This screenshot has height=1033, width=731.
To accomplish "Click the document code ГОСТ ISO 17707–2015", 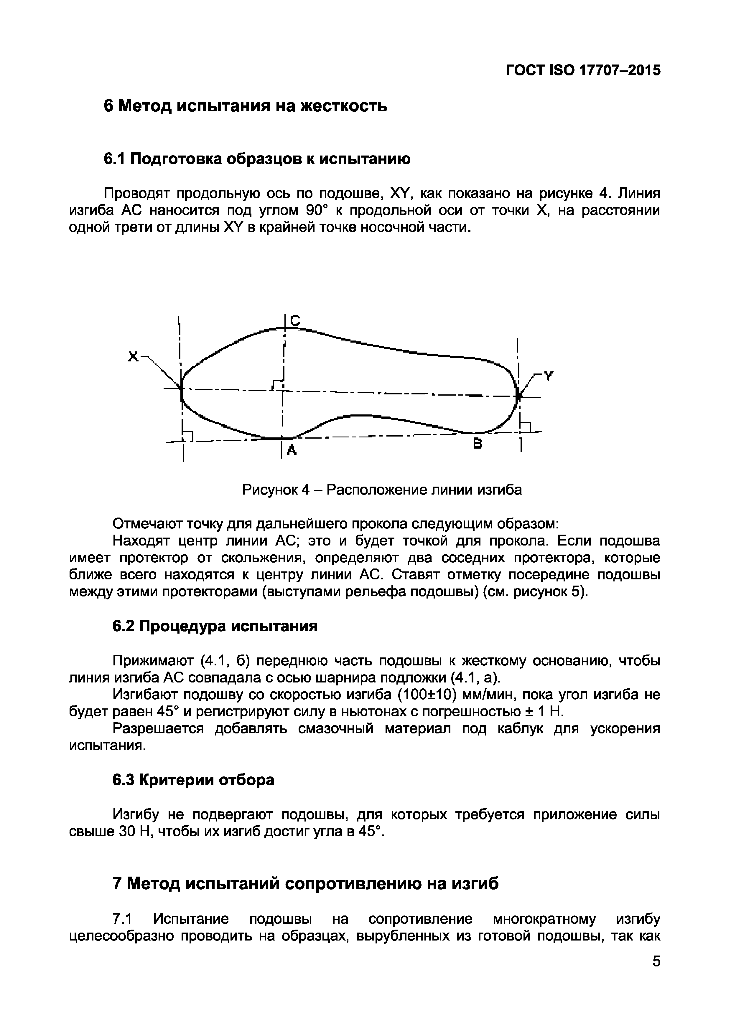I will (583, 70).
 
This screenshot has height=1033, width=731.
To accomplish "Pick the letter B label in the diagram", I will (478, 444).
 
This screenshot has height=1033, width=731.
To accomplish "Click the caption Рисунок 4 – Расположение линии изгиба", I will (382, 490).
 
